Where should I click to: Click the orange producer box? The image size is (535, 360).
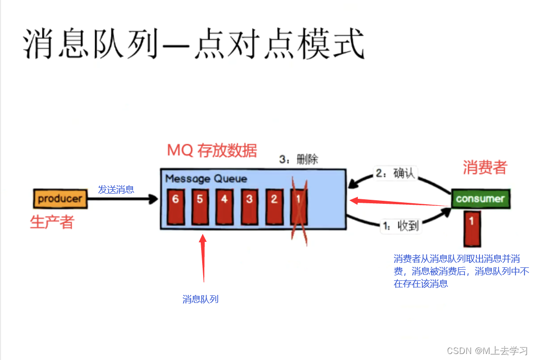pos(60,199)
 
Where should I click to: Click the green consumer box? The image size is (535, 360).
pos(480,199)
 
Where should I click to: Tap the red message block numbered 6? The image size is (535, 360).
pos(175,207)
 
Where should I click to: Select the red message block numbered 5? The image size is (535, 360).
pos(200,207)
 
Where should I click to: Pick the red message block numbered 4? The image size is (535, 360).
pos(224,207)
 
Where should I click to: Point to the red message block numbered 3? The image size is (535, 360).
pos(249,207)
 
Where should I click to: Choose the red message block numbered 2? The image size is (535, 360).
pos(274,207)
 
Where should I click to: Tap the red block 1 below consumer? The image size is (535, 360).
pos(472,228)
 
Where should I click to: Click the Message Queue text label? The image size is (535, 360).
pos(206,179)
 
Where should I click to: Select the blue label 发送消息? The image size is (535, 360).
pos(116,189)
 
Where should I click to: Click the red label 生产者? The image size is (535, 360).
pos(52,222)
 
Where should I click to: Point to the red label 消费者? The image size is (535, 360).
pos(484,167)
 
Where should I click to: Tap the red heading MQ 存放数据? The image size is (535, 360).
pos(212,150)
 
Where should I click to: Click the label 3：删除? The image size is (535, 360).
pos(299,160)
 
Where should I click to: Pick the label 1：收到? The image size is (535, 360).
pos(400,226)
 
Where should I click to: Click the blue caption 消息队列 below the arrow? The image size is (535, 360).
pos(200,299)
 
